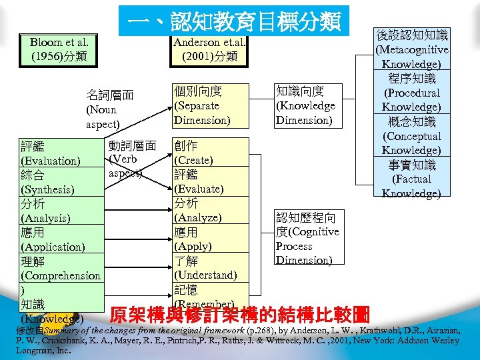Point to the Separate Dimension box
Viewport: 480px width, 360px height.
201,105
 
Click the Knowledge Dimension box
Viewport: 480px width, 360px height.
305,105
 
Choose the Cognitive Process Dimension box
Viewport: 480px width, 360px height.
307,239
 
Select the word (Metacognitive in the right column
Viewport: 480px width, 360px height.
412,49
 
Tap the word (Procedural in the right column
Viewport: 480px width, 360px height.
413,93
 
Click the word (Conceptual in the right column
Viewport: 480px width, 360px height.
413,136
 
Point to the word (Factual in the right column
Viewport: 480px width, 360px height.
412,179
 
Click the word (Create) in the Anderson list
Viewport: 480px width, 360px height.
193,161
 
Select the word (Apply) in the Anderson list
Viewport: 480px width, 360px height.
193,246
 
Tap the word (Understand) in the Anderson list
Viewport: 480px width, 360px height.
205,275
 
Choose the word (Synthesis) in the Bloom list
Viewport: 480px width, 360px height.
48,189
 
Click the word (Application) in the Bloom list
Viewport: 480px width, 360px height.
53,247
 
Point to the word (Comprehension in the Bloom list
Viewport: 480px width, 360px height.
61,275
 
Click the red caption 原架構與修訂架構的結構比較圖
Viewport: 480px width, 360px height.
240,314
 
